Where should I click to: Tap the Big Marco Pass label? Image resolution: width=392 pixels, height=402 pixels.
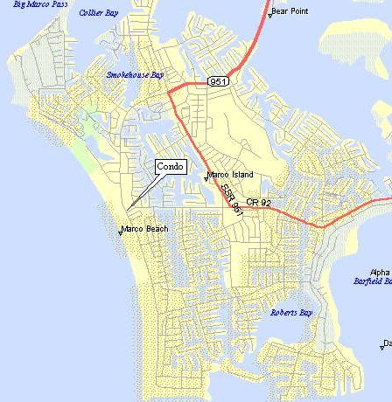click(35, 4)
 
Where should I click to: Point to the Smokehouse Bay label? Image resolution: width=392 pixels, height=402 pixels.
click(135, 75)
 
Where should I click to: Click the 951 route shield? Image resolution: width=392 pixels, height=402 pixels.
click(219, 81)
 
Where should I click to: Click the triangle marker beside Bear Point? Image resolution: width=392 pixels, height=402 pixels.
click(270, 16)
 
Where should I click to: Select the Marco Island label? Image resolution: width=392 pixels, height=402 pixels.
click(230, 175)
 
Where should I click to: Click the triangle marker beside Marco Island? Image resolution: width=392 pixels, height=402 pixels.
click(206, 178)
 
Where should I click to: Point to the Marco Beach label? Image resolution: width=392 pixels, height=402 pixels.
click(144, 229)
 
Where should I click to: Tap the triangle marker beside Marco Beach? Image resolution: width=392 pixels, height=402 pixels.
click(120, 232)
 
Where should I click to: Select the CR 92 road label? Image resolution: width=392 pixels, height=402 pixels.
click(260, 203)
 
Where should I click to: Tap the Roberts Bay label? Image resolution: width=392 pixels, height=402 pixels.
click(290, 312)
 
